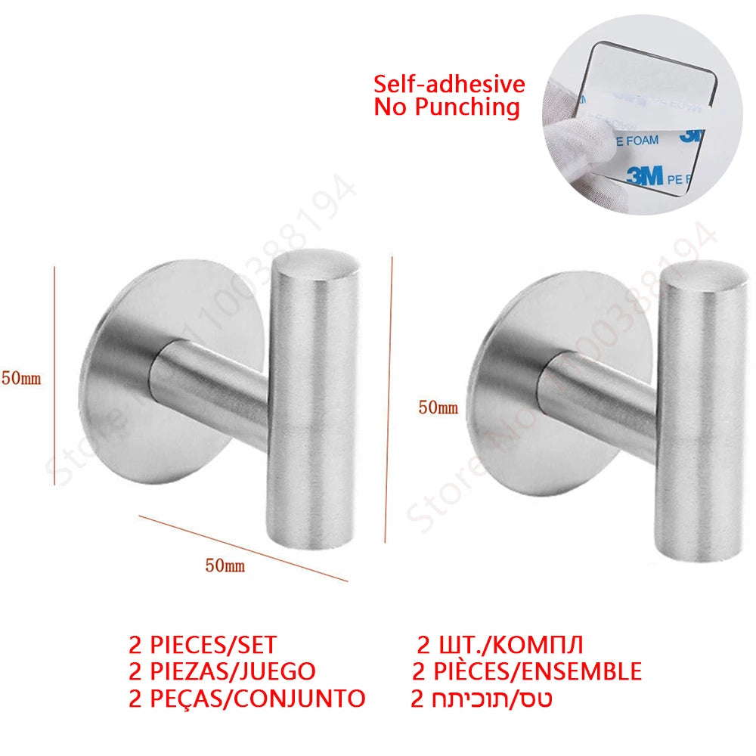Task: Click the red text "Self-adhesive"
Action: click(x=449, y=84)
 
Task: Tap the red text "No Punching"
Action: click(x=447, y=107)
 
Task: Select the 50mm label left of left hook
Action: click(x=21, y=379)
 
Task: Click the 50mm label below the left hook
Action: click(x=225, y=565)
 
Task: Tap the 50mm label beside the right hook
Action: click(x=438, y=407)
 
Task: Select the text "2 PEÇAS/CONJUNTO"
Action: click(x=246, y=697)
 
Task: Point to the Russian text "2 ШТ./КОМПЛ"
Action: click(x=500, y=646)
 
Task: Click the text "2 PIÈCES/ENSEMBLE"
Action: click(x=526, y=671)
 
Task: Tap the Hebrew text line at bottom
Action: click(x=481, y=697)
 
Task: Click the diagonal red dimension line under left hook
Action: click(x=242, y=548)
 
